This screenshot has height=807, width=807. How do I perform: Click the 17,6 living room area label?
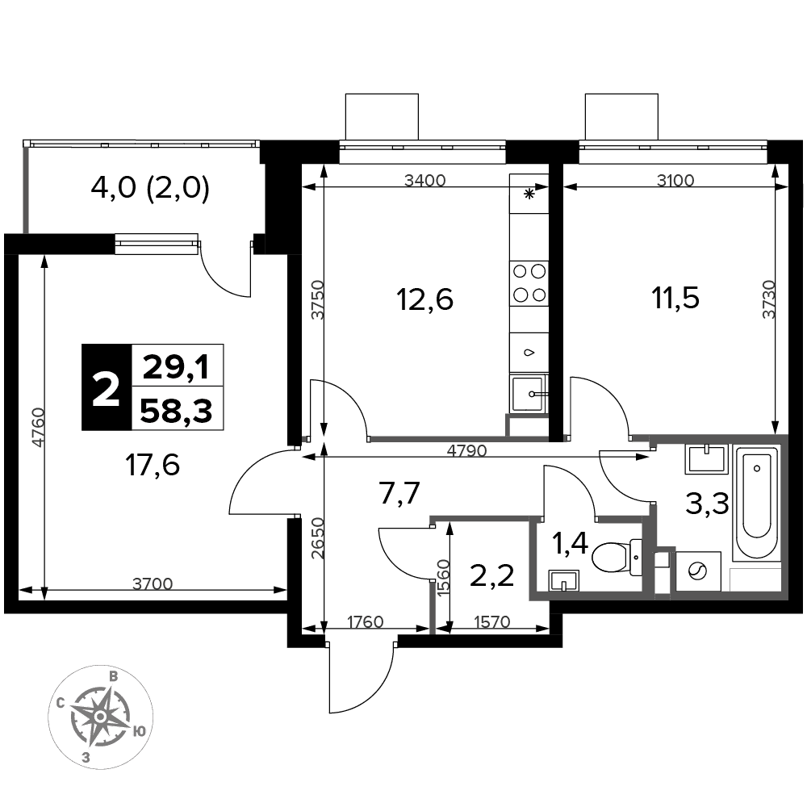click(x=153, y=465)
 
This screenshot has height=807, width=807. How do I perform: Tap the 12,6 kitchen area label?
click(x=425, y=299)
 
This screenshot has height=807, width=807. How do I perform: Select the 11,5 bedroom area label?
click(x=675, y=298)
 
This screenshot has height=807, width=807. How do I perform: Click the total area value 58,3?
click(x=176, y=411)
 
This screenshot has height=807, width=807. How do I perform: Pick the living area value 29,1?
click(x=176, y=368)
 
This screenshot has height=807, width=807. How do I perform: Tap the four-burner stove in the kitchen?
click(x=529, y=283)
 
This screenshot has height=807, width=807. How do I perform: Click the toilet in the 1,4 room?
click(x=617, y=558)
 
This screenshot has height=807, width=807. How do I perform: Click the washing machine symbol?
click(x=698, y=571)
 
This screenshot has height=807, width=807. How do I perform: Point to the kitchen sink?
click(x=528, y=395)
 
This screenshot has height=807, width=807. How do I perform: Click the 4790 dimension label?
click(x=466, y=450)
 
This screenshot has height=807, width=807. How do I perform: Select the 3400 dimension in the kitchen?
click(x=424, y=180)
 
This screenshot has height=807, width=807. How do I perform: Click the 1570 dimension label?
click(x=491, y=621)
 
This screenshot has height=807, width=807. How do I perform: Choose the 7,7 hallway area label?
click(x=399, y=494)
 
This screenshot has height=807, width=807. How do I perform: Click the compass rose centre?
click(x=100, y=717)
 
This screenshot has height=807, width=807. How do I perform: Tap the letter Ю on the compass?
click(x=138, y=731)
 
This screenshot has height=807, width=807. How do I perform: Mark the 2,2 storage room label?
click(x=492, y=575)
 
